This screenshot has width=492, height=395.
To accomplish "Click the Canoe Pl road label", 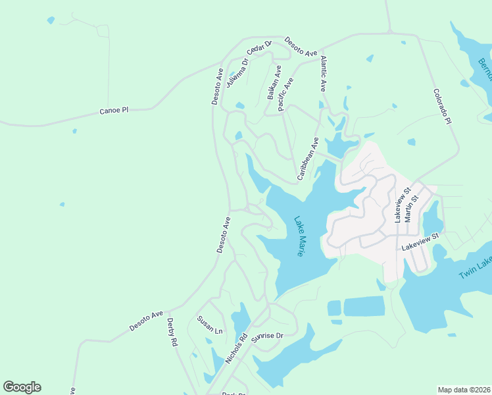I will pyautogui.click(x=113, y=111).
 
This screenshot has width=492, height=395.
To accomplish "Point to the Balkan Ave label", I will pyautogui.click(x=274, y=82).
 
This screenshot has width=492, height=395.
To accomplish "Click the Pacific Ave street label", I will pyautogui.click(x=286, y=94).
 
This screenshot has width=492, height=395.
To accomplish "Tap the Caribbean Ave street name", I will pyautogui.click(x=307, y=159).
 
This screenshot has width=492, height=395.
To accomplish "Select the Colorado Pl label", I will pyautogui.click(x=442, y=107).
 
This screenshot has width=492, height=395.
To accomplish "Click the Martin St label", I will pyautogui.click(x=408, y=205).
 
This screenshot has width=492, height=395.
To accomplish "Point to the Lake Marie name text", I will pyautogui.click(x=299, y=237).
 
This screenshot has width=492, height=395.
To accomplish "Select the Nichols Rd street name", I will pyautogui.click(x=236, y=349).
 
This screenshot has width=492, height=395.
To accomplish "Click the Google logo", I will pyautogui.click(x=22, y=387).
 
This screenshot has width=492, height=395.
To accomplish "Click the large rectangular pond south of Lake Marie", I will pyautogui.click(x=364, y=306).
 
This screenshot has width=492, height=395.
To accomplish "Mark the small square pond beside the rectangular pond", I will pyautogui.click(x=334, y=308).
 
